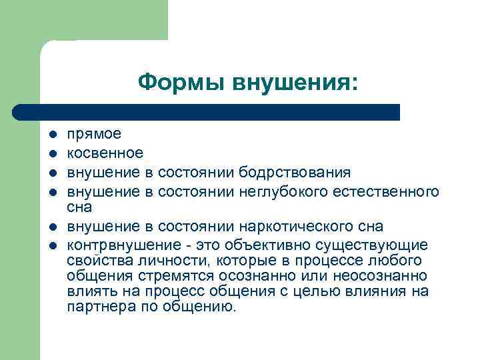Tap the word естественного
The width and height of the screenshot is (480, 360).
pyautogui.click(x=393, y=192)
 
